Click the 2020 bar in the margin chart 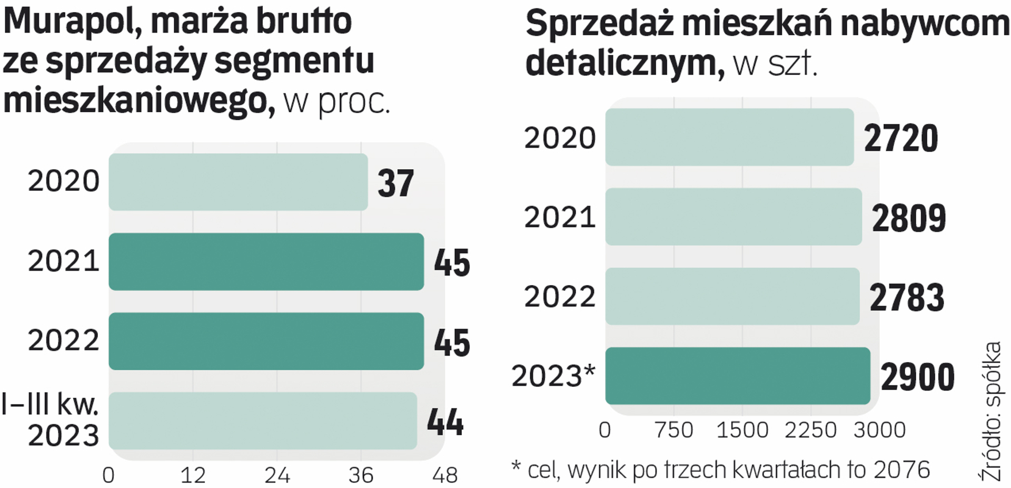(x=238, y=182)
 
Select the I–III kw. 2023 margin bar (x=262, y=421)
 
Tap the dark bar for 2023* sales (x=737, y=376)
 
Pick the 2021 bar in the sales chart (x=733, y=217)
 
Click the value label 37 (x=396, y=183)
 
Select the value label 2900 (x=917, y=377)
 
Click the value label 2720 (x=901, y=139)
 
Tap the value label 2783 (x=907, y=298)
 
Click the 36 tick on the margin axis (x=361, y=475)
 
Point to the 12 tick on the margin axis (x=193, y=475)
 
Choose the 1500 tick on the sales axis (x=742, y=430)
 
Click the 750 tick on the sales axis (x=674, y=430)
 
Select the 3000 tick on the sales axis (x=879, y=430)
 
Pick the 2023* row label (x=553, y=376)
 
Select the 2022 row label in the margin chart (x=63, y=340)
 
